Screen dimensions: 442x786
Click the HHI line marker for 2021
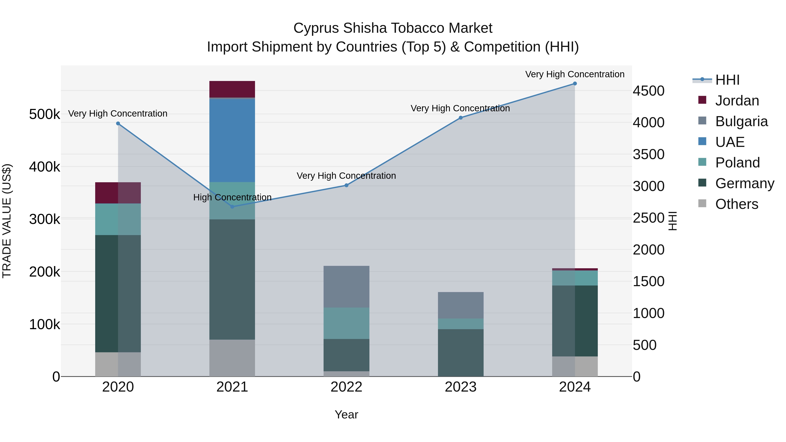(x=232, y=206)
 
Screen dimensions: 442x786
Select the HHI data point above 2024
(x=575, y=84)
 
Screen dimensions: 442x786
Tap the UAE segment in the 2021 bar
(x=232, y=140)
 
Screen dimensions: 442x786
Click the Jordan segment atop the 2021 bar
(x=232, y=89)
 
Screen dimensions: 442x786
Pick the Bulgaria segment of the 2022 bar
(x=346, y=287)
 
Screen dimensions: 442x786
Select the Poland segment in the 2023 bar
(x=460, y=324)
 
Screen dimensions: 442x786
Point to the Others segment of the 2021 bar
(x=232, y=358)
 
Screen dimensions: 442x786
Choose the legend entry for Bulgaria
(x=741, y=121)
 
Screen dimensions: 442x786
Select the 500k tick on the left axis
(x=45, y=114)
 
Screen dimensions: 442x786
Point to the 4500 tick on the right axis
(x=648, y=91)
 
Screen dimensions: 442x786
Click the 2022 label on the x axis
(x=346, y=387)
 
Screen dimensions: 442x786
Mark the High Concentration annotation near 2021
(x=232, y=197)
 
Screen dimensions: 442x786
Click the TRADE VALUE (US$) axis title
(x=7, y=221)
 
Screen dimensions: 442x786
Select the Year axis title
(x=346, y=414)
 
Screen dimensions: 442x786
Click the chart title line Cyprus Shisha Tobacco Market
(x=393, y=28)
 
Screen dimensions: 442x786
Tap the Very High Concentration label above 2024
(x=575, y=74)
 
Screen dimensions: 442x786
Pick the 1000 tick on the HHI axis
(x=648, y=313)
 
